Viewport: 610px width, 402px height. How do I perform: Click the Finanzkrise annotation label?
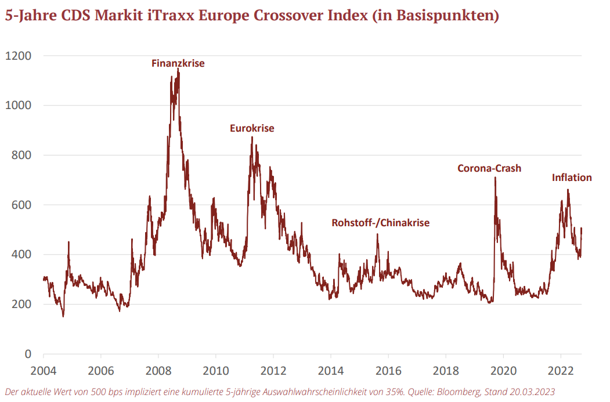[x=178, y=63]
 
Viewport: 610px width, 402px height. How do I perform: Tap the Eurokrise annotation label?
[x=252, y=128]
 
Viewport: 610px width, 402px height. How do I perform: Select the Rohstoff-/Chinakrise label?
[x=381, y=222]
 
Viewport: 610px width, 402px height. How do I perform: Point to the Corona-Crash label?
[x=489, y=168]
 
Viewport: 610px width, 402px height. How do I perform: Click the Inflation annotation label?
[x=572, y=178]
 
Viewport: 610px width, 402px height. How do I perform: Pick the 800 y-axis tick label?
[x=21, y=155]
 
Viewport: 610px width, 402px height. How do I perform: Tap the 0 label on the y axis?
[x=27, y=354]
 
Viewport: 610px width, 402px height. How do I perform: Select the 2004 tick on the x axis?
[x=44, y=370]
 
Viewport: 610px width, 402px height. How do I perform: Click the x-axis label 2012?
[x=273, y=370]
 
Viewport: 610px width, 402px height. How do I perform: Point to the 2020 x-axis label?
[x=503, y=370]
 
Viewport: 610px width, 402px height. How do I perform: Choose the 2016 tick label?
[x=388, y=370]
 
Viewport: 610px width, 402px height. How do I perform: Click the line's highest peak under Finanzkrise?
[x=178, y=69]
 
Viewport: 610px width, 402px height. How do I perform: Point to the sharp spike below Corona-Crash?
[x=495, y=178]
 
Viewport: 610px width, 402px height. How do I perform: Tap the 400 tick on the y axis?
[x=21, y=254]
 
